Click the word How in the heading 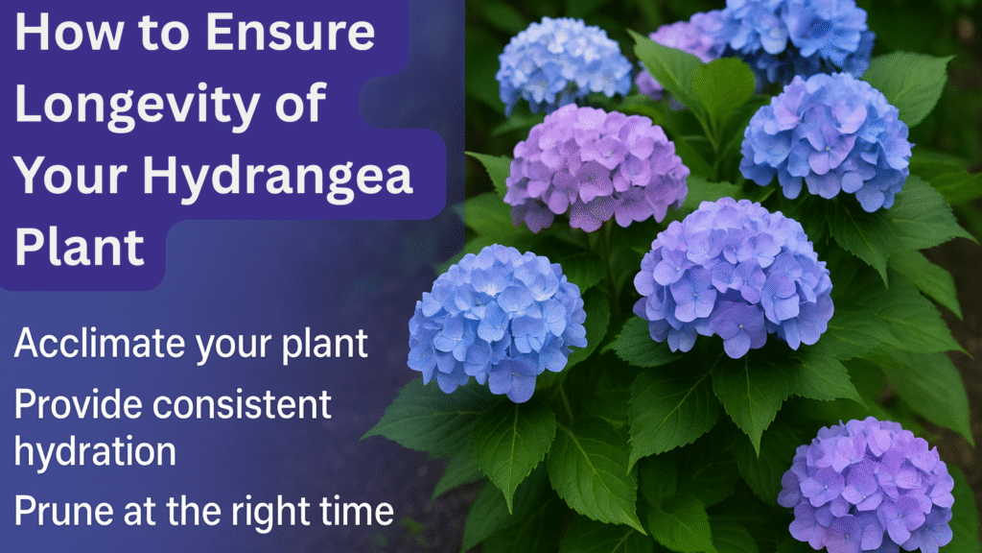[64, 34]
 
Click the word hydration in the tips [94, 452]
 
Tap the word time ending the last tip [359, 511]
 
